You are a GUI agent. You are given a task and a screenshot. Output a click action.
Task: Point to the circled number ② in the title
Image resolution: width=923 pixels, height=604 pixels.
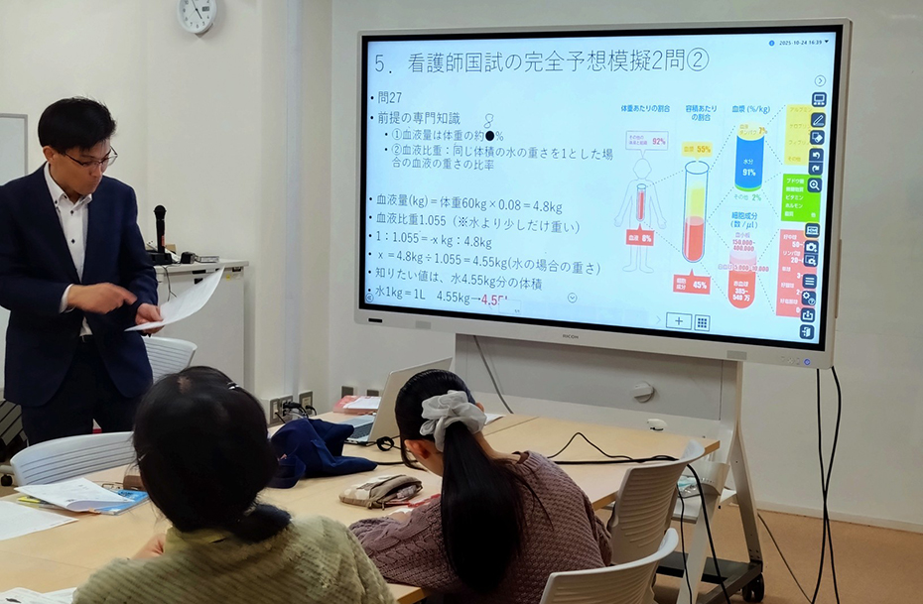(x=698, y=60)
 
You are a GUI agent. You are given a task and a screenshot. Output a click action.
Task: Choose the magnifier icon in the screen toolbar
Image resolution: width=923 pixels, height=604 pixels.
(x=815, y=184)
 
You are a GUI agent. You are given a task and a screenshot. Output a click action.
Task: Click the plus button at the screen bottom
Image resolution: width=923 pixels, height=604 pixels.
(x=679, y=321)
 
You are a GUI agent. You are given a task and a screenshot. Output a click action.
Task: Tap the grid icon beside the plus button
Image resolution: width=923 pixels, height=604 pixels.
(x=702, y=322)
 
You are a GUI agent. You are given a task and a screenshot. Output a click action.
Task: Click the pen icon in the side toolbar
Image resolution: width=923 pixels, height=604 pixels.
(x=818, y=119)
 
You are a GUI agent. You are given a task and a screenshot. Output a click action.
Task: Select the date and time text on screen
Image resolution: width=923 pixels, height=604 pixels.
(x=801, y=44)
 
